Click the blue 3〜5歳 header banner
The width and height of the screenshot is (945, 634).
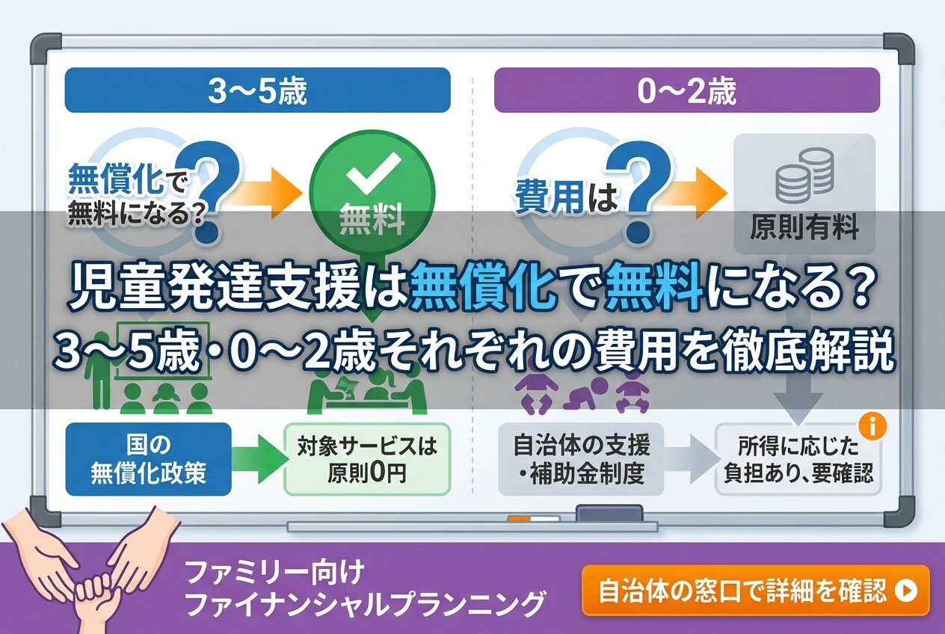point(257,90)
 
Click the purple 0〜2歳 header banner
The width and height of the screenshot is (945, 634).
point(687,90)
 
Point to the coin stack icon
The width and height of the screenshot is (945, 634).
point(804,175)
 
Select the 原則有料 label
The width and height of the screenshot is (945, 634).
point(804,227)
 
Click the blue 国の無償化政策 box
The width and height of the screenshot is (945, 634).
point(148,459)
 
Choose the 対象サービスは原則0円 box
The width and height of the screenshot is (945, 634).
point(367,459)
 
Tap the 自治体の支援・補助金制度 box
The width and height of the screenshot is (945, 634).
point(581,459)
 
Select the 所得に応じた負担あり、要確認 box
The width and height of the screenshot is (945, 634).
point(798,459)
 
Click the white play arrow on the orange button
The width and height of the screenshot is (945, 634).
point(907,591)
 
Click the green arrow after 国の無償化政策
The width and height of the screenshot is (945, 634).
point(258,459)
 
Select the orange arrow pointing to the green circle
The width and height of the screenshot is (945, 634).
point(269,193)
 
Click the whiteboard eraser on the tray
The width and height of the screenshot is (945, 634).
point(610,514)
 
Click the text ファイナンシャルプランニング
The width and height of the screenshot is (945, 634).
point(366,604)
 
